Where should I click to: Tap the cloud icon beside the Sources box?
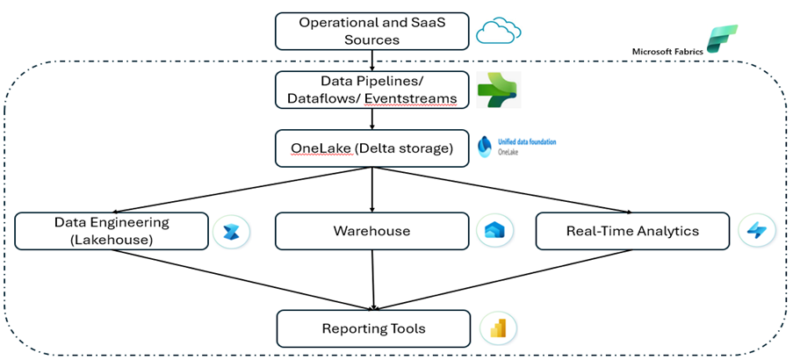[x=499, y=32]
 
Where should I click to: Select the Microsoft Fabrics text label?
[x=667, y=51]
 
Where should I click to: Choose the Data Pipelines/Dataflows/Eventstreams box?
[x=372, y=90]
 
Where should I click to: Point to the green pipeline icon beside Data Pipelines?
[x=498, y=90]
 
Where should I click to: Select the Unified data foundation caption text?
[x=527, y=141]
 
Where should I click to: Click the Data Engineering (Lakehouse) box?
[x=112, y=231]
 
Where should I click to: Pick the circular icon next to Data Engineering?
[x=233, y=231]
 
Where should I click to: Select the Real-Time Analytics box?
[x=632, y=231]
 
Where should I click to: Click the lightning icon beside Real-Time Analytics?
[x=757, y=231]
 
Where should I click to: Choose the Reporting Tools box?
[x=372, y=328]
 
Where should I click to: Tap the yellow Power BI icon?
[x=498, y=328]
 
